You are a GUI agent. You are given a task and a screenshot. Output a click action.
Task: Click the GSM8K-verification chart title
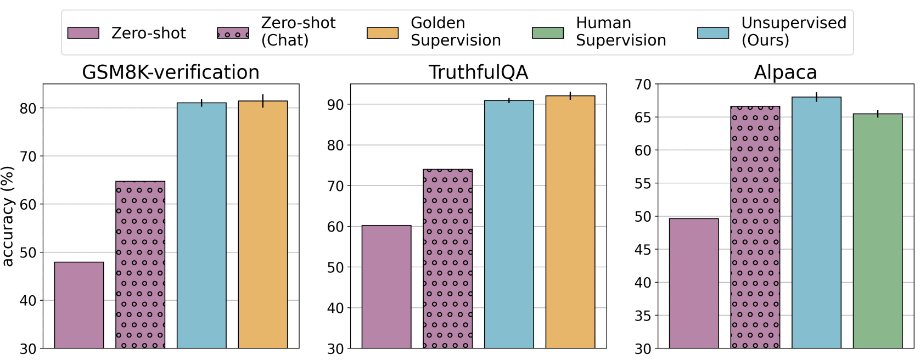point(171,72)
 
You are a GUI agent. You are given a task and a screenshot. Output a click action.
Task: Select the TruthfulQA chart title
point(478,72)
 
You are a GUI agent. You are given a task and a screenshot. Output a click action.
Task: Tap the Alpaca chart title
point(785,72)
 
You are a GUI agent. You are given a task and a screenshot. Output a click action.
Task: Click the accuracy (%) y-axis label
point(8,216)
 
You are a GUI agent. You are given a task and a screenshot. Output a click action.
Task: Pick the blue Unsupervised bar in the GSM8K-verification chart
point(201,225)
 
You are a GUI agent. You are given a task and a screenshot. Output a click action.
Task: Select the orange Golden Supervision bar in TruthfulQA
point(570,222)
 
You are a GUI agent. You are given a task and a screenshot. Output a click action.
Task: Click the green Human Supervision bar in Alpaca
point(877,230)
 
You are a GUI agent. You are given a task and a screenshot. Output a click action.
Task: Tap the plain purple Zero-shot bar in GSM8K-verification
point(79,305)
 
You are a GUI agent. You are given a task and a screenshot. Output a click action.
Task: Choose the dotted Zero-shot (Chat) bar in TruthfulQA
point(447,258)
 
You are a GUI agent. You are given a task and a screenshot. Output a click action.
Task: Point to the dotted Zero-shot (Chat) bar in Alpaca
point(755,227)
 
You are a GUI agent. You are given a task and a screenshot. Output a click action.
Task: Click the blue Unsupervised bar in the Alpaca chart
point(816,222)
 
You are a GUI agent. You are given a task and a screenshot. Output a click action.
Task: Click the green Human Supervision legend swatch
point(548,33)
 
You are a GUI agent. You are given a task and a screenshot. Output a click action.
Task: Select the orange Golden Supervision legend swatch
point(383,33)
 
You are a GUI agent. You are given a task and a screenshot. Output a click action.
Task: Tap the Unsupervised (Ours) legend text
point(793,31)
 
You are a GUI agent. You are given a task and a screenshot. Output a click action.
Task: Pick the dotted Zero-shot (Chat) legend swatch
point(233,33)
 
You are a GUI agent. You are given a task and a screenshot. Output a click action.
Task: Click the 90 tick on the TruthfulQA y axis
point(335,105)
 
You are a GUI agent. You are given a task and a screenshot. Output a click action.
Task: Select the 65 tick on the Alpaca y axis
point(642,117)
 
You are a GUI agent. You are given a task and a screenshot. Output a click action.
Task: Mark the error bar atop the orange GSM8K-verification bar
point(263,101)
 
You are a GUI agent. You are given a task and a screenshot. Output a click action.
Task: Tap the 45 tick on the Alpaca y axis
point(642,250)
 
